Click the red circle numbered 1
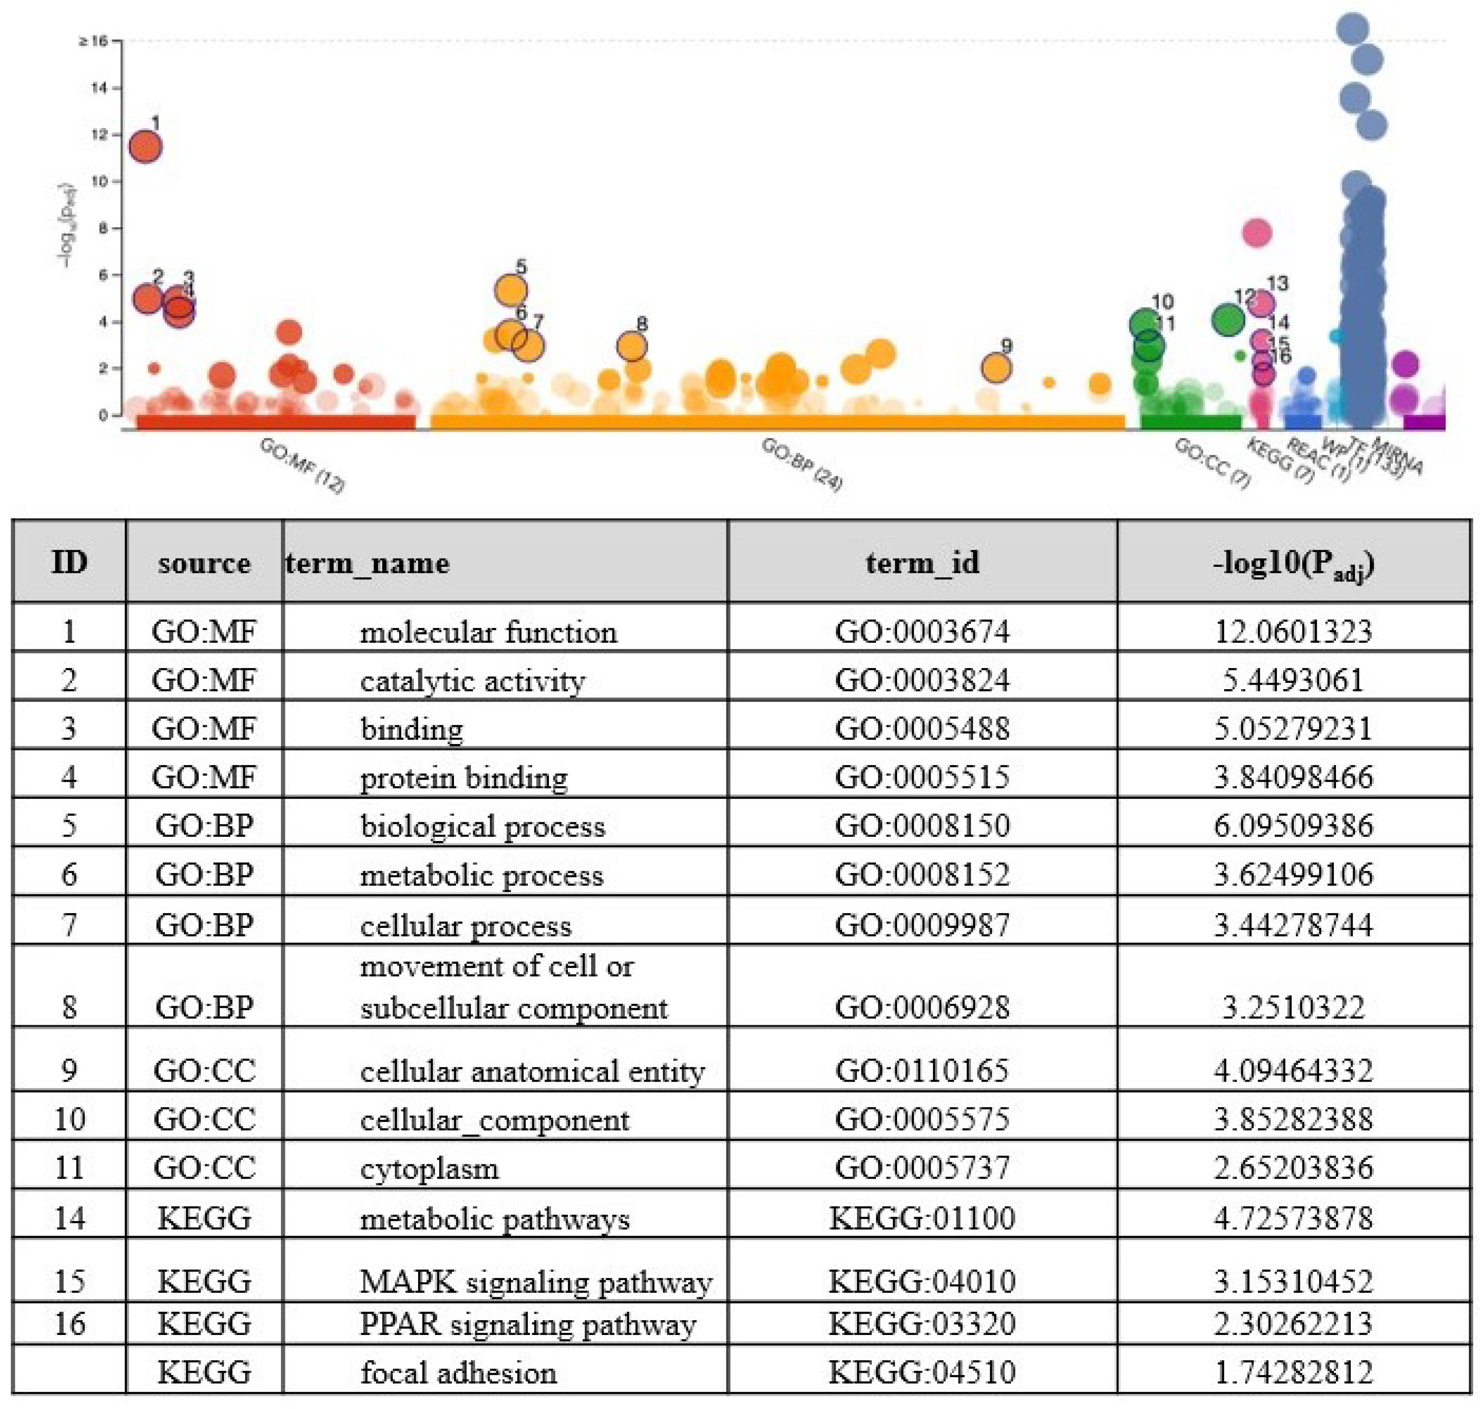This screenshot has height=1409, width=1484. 145,146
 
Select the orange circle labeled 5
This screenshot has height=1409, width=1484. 511,290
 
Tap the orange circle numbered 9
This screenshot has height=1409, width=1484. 996,368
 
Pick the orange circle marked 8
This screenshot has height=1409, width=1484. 632,346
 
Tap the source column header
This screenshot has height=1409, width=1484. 204,563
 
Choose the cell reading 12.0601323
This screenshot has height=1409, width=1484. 1292,631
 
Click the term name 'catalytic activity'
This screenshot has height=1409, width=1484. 472,681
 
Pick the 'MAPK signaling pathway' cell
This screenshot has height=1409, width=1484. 535,1281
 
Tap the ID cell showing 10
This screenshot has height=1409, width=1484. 69,1119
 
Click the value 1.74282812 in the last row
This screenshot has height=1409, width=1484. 1292,1372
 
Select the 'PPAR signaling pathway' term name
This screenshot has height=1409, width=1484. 528,1323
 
